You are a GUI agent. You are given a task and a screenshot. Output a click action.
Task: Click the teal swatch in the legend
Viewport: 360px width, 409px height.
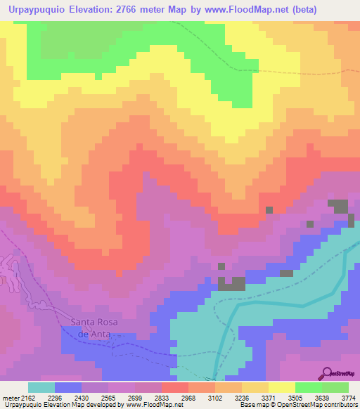coord(41,387)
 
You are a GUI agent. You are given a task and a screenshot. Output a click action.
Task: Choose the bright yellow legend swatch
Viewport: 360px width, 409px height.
coord(281,387)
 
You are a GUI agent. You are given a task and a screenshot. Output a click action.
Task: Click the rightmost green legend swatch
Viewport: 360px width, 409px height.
coord(335,387)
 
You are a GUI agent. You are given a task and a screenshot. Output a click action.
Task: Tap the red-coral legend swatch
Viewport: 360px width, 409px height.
coord(174,387)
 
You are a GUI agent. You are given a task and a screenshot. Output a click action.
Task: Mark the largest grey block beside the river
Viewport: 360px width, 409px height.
coord(231,283)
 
